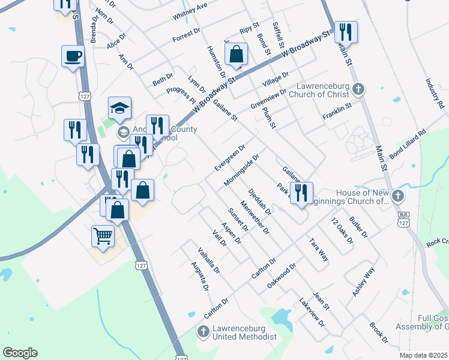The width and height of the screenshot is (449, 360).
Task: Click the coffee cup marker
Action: tap(73, 56)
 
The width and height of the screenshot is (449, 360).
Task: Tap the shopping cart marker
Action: tap(103, 236)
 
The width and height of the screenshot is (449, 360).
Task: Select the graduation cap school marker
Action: tap(119, 108)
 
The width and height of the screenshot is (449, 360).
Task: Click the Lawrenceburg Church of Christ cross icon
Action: tap(358, 90)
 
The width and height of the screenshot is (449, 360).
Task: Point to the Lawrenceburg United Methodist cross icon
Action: tap(203, 331)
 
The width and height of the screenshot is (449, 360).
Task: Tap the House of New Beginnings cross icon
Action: tap(398, 196)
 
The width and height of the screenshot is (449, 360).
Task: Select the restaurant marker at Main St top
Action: tap(346, 32)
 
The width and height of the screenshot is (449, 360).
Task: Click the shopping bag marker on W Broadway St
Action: tap(237, 54)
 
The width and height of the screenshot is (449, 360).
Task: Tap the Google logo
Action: tap(20, 353)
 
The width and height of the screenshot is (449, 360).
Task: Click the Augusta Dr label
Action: tap(200, 276)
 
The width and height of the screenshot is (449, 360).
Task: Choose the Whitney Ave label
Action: tap(190, 11)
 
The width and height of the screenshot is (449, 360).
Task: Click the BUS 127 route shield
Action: tap(403, 220)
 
